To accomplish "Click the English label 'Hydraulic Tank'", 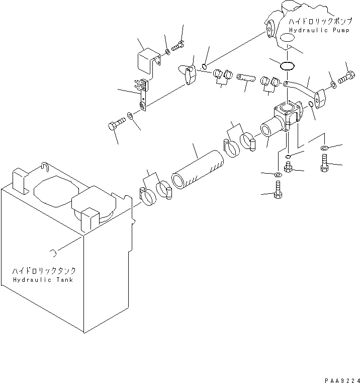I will coord(43,280).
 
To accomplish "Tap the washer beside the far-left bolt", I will coord(130,116).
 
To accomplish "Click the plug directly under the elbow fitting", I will coord(288,166).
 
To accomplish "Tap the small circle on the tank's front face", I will coord(52,252).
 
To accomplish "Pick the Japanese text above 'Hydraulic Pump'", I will coord(316,22).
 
